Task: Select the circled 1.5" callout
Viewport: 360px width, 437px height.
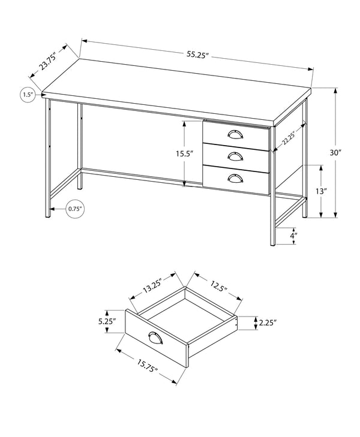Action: tap(27, 95)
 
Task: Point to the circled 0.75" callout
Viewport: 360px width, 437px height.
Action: tap(75, 209)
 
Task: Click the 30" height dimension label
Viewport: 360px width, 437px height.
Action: tap(335, 153)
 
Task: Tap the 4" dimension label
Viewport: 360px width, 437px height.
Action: tap(293, 236)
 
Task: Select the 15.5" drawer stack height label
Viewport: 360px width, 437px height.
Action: tap(184, 153)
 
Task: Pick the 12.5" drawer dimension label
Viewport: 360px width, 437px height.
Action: tap(218, 287)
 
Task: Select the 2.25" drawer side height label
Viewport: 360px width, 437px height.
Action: tap(267, 323)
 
